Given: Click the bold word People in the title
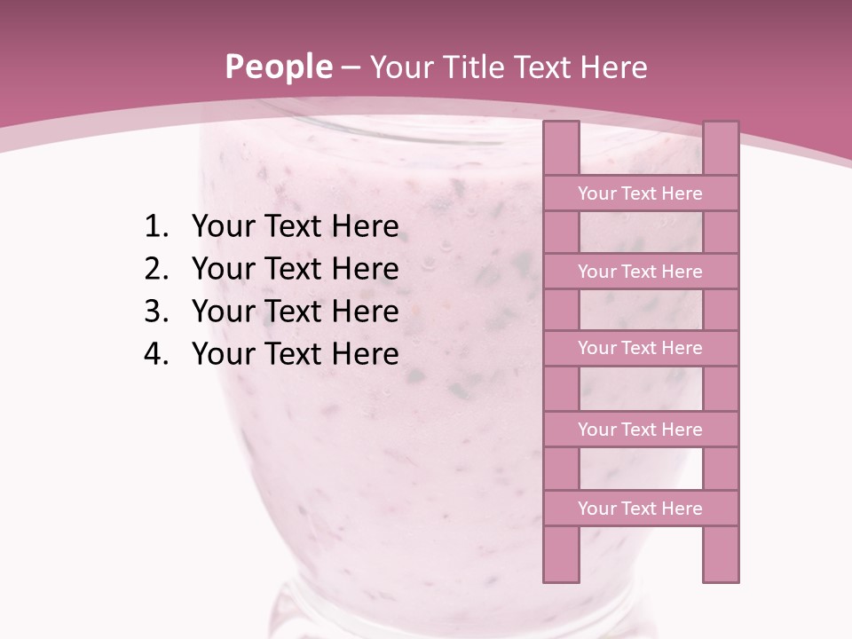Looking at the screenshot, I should point(278,67).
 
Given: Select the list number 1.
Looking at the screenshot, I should point(155,227).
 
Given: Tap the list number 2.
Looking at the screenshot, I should point(155,269).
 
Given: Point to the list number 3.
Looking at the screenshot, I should point(155,312).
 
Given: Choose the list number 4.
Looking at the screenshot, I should point(155,354).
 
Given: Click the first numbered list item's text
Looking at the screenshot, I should point(295,227).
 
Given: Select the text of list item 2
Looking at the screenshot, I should point(295,269).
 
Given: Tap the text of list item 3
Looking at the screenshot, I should point(295,312).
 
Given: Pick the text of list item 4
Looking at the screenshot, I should point(295,354).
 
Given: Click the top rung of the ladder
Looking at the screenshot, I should point(640,193).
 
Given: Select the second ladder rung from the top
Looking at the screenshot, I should point(640,272).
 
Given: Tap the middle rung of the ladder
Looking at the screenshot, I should point(640,349).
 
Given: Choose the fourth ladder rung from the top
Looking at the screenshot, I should point(640,430).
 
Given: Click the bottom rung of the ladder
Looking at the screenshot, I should point(640,509).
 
